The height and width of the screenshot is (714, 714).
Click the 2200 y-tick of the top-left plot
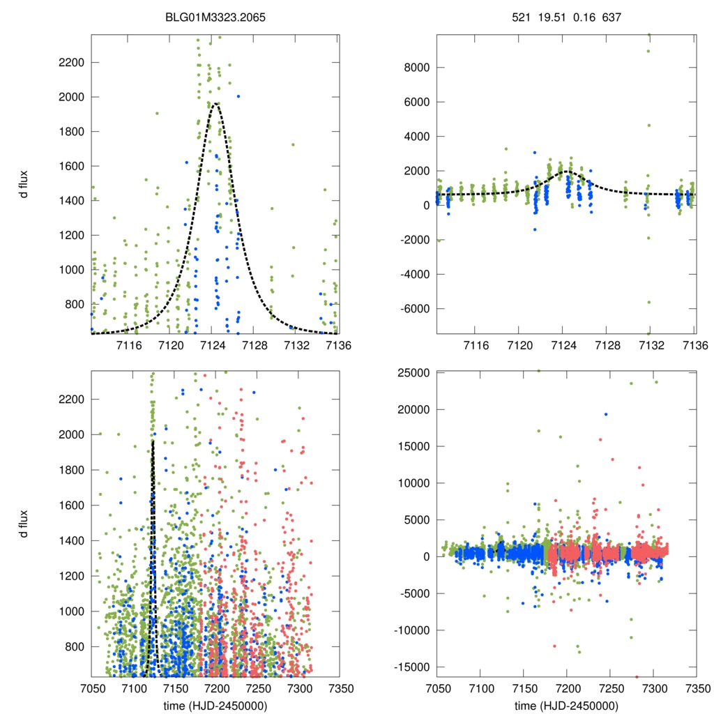pyautogui.click(x=72, y=63)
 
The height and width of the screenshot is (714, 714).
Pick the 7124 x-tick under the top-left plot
pyautogui.click(x=213, y=345)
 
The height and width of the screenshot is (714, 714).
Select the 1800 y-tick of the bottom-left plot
pyautogui.click(x=72, y=470)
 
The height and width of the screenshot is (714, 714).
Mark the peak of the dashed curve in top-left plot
pyautogui.click(x=216, y=104)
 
